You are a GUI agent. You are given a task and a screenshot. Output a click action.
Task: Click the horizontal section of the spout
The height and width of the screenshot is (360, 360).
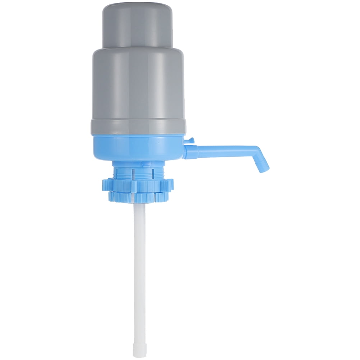pos(223,148)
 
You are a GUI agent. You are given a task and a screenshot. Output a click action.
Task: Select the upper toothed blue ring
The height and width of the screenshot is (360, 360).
pos(138,183)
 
